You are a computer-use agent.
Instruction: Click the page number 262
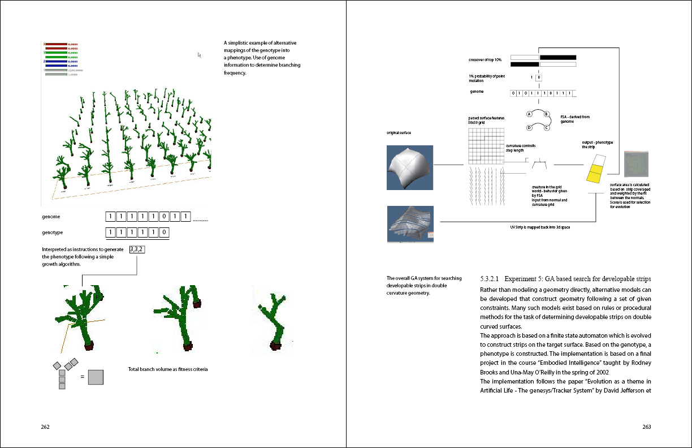point(46,427)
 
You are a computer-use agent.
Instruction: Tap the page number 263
point(647,427)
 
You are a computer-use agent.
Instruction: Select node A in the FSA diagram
point(529,114)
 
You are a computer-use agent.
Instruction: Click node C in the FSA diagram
point(547,127)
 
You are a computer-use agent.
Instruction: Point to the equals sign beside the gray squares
point(83,377)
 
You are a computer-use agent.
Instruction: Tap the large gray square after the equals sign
point(96,377)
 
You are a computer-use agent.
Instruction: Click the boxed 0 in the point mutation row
point(539,77)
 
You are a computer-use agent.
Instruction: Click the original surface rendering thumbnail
point(410,167)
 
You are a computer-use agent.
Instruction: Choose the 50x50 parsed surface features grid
point(486,145)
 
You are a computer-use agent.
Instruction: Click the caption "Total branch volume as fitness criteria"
point(168,369)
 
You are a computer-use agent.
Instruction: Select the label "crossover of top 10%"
point(485,60)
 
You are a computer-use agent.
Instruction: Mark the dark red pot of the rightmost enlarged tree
point(276,346)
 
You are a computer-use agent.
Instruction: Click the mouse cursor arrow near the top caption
point(200,55)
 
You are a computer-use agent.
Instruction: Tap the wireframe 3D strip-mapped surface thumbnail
point(410,224)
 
